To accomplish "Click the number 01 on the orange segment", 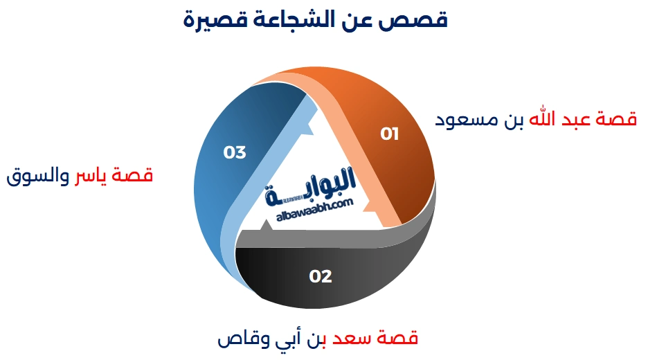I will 390,134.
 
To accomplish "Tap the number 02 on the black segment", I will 321,277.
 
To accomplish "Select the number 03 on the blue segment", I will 235,152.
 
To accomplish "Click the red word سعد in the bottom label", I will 351,340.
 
